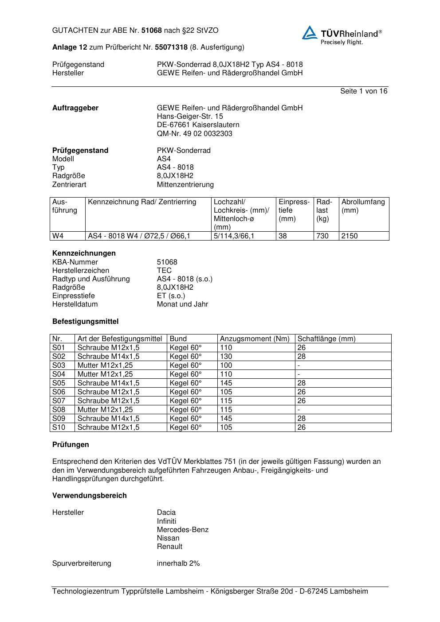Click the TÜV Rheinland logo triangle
point(310,33)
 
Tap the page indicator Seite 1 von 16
point(364,91)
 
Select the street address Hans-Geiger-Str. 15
point(190,117)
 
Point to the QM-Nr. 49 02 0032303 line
point(194,133)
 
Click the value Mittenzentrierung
point(185,184)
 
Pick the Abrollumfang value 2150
point(350,236)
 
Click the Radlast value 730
point(322,236)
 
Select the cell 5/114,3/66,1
point(234,236)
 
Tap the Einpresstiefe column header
point(294,210)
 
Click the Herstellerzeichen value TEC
point(164,270)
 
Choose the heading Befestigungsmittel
point(85,321)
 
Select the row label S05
point(59,383)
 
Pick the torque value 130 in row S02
point(226,357)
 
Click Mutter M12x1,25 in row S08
point(105,410)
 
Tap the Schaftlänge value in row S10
point(302,428)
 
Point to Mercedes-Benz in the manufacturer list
point(182,529)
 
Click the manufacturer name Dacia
point(166,513)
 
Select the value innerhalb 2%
point(178,564)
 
